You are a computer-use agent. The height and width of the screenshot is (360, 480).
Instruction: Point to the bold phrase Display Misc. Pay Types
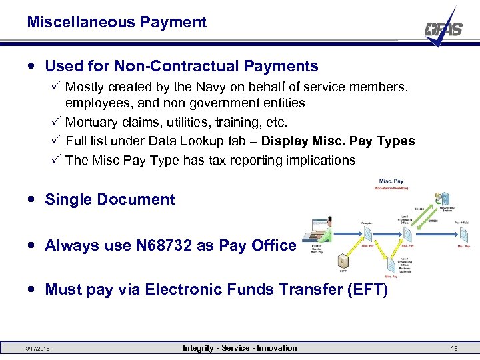(x=338, y=141)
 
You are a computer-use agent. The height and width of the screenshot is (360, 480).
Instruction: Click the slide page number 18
(x=453, y=348)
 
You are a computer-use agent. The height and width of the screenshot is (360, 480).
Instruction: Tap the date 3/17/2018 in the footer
(x=37, y=349)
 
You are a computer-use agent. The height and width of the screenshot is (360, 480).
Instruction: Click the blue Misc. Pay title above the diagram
(x=391, y=181)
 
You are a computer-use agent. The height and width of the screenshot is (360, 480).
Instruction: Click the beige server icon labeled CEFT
(x=342, y=261)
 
